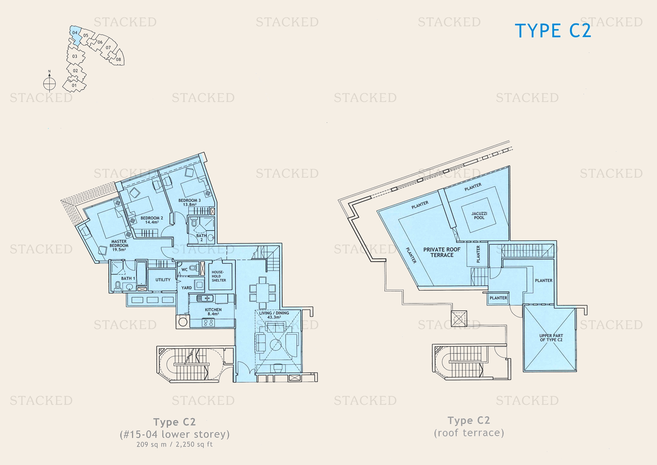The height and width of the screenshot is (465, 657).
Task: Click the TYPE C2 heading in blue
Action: point(553,31)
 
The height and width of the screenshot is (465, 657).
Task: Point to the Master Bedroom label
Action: point(119,245)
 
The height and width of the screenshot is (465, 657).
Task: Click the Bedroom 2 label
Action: point(152,220)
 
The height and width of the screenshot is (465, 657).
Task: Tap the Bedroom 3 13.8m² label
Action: point(189,202)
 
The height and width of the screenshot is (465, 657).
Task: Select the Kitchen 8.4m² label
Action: point(213,312)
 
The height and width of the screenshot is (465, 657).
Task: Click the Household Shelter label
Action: point(219,276)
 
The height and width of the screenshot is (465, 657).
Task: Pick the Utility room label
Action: point(163,280)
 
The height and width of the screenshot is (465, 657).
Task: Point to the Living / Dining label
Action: point(274,315)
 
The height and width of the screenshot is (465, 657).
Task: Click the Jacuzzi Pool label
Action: point(479,216)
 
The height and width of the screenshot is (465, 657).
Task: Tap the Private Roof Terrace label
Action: point(442,252)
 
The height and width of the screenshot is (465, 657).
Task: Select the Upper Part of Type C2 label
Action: point(551,338)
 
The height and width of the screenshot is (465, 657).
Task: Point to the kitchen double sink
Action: point(205,298)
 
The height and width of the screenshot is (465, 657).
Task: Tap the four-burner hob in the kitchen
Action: point(208,323)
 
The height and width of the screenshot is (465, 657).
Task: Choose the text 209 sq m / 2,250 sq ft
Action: point(174,444)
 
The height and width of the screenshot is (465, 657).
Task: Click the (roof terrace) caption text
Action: point(469,433)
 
